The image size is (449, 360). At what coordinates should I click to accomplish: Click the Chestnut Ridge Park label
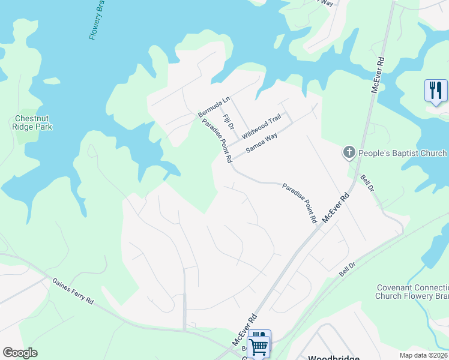[x=33, y=122]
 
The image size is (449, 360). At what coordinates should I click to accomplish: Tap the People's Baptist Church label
[x=402, y=153]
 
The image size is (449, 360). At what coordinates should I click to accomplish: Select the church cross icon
[x=349, y=153]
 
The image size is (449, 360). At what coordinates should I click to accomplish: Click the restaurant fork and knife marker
[x=436, y=91]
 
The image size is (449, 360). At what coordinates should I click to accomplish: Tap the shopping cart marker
[x=258, y=344]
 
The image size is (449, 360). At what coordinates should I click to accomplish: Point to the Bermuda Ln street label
[x=214, y=107]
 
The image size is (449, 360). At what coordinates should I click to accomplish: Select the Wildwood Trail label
[x=262, y=128]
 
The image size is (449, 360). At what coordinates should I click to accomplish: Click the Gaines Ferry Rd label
[x=73, y=291]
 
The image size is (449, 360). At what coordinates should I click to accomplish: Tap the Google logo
[x=20, y=353]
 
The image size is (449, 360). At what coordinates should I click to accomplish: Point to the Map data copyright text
[x=423, y=355]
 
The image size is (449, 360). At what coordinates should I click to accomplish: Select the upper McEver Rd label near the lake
[x=378, y=75]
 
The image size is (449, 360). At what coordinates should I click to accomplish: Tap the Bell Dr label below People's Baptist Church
[x=367, y=183]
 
